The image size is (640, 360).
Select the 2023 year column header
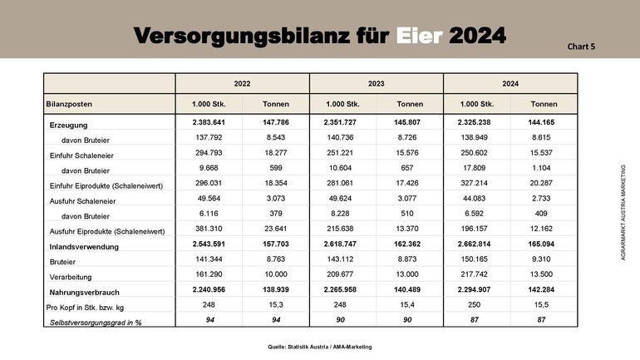376,84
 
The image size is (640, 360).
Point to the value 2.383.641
209,123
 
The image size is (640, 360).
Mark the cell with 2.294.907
477,291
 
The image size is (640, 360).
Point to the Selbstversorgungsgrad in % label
96,322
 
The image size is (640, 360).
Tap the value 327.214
477,184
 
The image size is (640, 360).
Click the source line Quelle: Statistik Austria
319,346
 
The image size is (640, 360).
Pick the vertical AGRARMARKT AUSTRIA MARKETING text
623,213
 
